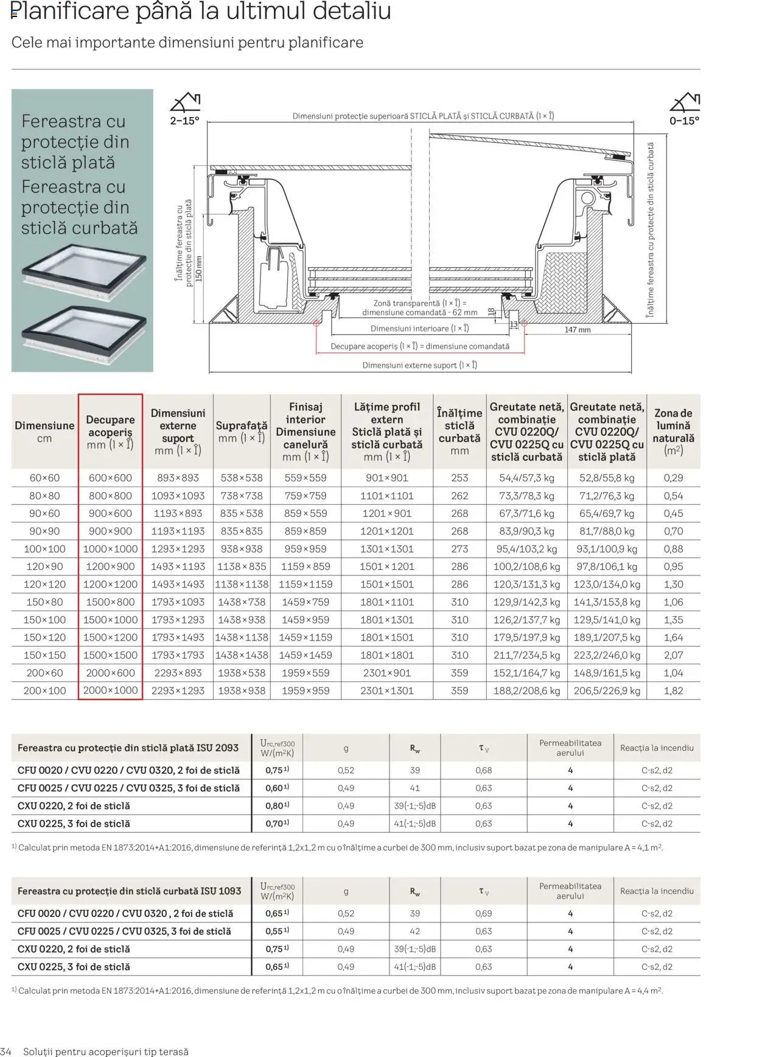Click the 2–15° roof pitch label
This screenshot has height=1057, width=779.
(x=184, y=121)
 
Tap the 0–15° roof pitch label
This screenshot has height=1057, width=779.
(x=684, y=121)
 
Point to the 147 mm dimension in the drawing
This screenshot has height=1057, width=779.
(x=578, y=329)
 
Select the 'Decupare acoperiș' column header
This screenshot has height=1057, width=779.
(x=110, y=432)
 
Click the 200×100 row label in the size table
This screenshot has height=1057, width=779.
(x=44, y=690)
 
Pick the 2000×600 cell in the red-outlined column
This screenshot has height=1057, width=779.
(x=110, y=673)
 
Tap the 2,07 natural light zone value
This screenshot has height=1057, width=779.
(x=673, y=655)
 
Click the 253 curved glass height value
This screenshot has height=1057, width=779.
(x=459, y=478)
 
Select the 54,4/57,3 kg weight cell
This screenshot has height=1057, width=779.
(x=526, y=478)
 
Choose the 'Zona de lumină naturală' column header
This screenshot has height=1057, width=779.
(x=673, y=432)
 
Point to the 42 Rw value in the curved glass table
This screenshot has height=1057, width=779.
(x=415, y=931)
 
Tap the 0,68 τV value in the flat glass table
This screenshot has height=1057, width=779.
(x=484, y=770)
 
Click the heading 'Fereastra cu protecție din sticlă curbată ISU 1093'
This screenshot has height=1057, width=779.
(x=130, y=891)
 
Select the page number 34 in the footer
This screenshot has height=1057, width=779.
(x=6, y=1052)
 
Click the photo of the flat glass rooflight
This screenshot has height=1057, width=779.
(x=84, y=272)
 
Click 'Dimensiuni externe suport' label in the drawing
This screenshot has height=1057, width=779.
(x=419, y=365)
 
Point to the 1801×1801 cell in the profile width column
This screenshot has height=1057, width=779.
(x=386, y=655)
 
